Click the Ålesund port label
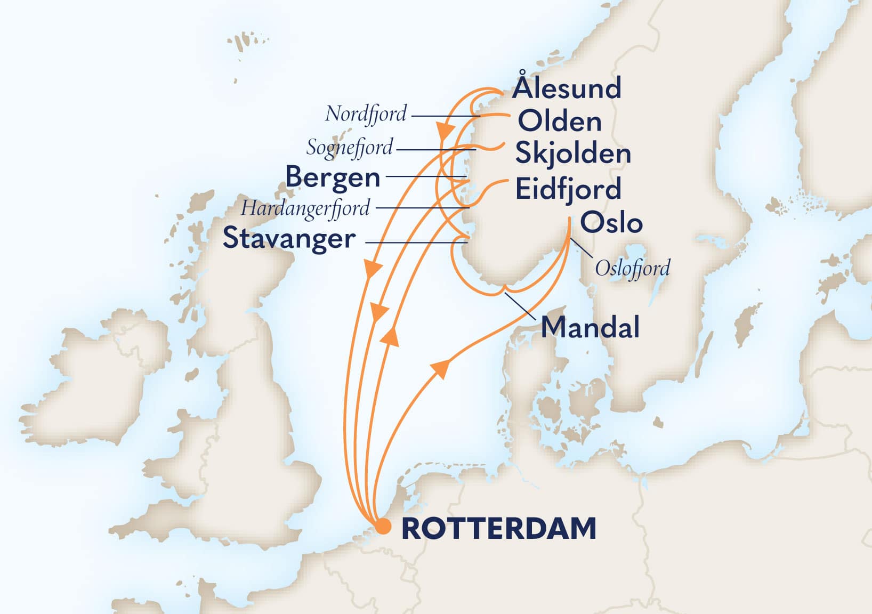(566, 88)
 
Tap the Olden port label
(560, 122)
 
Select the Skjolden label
(573, 154)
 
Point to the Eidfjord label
(568, 189)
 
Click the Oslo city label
(611, 222)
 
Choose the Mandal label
(590, 327)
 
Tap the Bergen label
(333, 177)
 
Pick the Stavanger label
(289, 238)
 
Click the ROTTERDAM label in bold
(498, 528)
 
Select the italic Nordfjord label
(366, 114)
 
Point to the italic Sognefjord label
(350, 148)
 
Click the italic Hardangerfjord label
(305, 208)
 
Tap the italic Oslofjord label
(632, 268)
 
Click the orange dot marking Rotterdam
(383, 527)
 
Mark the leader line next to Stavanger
(416, 243)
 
